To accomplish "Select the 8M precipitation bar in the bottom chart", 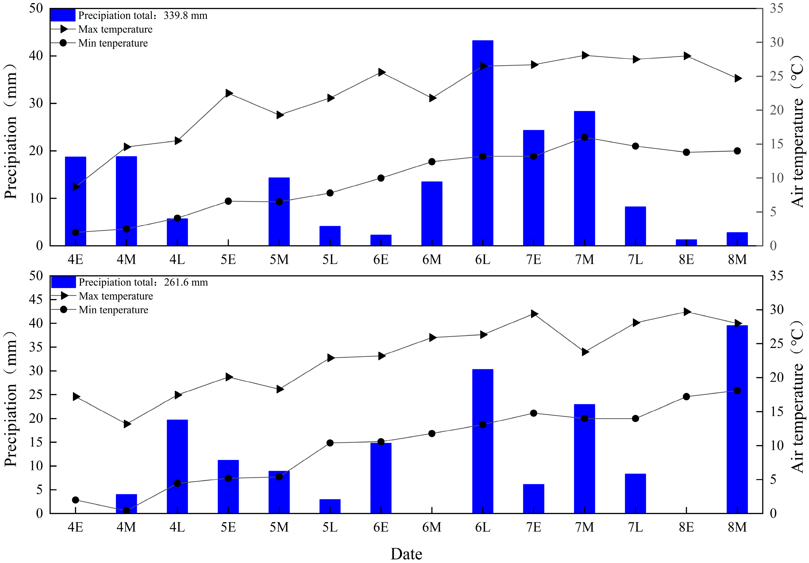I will coord(737,419).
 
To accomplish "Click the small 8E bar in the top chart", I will coord(686,242).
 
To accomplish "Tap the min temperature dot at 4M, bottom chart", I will coord(126,510).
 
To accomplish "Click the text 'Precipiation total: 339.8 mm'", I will coord(143,15).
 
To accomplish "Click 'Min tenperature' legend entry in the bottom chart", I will coord(113,310).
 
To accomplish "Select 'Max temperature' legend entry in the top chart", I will coord(115,29).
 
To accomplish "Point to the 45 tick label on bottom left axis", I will coord(36,300).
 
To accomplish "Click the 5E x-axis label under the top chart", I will coord(228,260).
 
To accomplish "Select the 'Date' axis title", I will coord(406,554).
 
